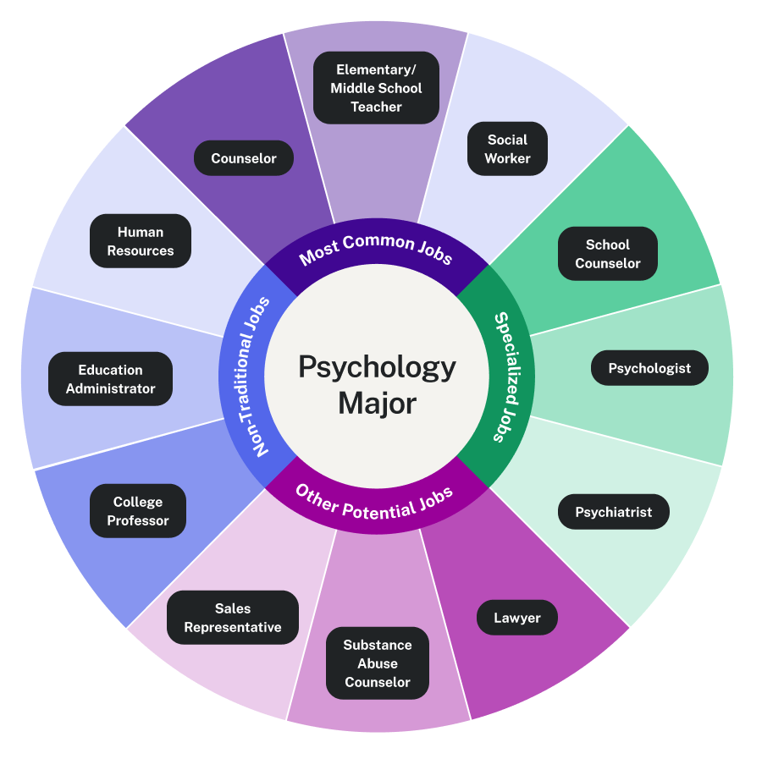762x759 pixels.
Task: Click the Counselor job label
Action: (x=244, y=158)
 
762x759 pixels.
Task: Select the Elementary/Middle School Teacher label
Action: (x=376, y=88)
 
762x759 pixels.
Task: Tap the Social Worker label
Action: (x=507, y=149)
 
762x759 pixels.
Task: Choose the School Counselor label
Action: (x=608, y=254)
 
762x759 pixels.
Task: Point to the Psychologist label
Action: (x=649, y=368)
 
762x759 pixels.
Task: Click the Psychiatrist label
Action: (x=614, y=512)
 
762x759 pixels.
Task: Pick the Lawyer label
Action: (x=516, y=618)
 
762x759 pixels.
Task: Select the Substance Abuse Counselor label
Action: (x=378, y=663)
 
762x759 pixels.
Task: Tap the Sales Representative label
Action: (x=233, y=618)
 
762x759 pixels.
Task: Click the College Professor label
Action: (x=138, y=512)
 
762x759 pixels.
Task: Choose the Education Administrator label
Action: (x=111, y=379)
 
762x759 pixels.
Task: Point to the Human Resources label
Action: (x=141, y=241)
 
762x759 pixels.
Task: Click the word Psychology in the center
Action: (x=377, y=367)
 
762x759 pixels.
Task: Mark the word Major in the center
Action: (x=377, y=403)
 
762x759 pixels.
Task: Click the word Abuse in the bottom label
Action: (x=378, y=663)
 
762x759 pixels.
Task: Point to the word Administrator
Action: (x=111, y=388)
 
